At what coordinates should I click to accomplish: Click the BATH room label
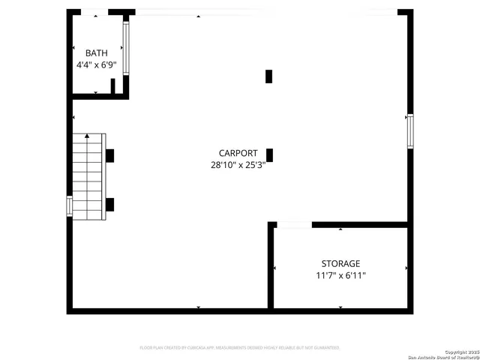click(96, 53)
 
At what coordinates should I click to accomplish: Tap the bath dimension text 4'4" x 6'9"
click(96, 65)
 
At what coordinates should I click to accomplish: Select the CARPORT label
click(238, 152)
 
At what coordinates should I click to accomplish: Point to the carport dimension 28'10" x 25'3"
click(238, 165)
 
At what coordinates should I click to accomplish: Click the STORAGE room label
click(340, 264)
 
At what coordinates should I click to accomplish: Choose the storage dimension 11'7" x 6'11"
click(340, 276)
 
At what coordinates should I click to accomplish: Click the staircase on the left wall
click(88, 177)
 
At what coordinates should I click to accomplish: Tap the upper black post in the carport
click(269, 76)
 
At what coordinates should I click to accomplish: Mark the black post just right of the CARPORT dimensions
click(270, 155)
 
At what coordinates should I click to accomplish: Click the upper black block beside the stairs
click(109, 156)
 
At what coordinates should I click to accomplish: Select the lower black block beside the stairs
click(109, 204)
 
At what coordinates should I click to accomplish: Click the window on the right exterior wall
click(409, 130)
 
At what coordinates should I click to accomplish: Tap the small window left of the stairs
click(69, 205)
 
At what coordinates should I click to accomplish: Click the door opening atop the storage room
click(294, 223)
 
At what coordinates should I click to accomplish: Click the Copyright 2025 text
click(459, 352)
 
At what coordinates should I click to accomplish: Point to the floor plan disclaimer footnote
click(240, 348)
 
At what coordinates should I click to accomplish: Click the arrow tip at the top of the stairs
click(87, 136)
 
